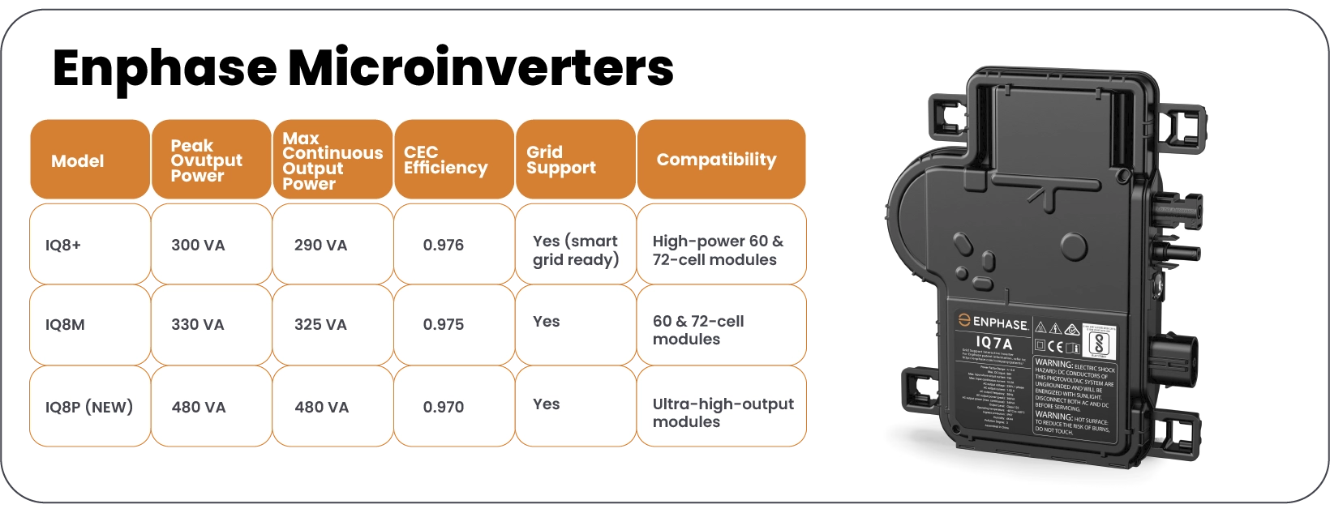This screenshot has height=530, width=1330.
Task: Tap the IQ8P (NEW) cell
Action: (x=89, y=407)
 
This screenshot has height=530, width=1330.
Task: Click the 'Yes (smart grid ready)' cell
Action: (x=575, y=250)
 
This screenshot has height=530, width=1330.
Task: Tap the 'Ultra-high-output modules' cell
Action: (x=721, y=412)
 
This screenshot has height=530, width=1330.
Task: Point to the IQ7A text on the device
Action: (x=993, y=344)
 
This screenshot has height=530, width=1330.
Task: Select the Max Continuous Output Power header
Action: (x=332, y=160)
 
